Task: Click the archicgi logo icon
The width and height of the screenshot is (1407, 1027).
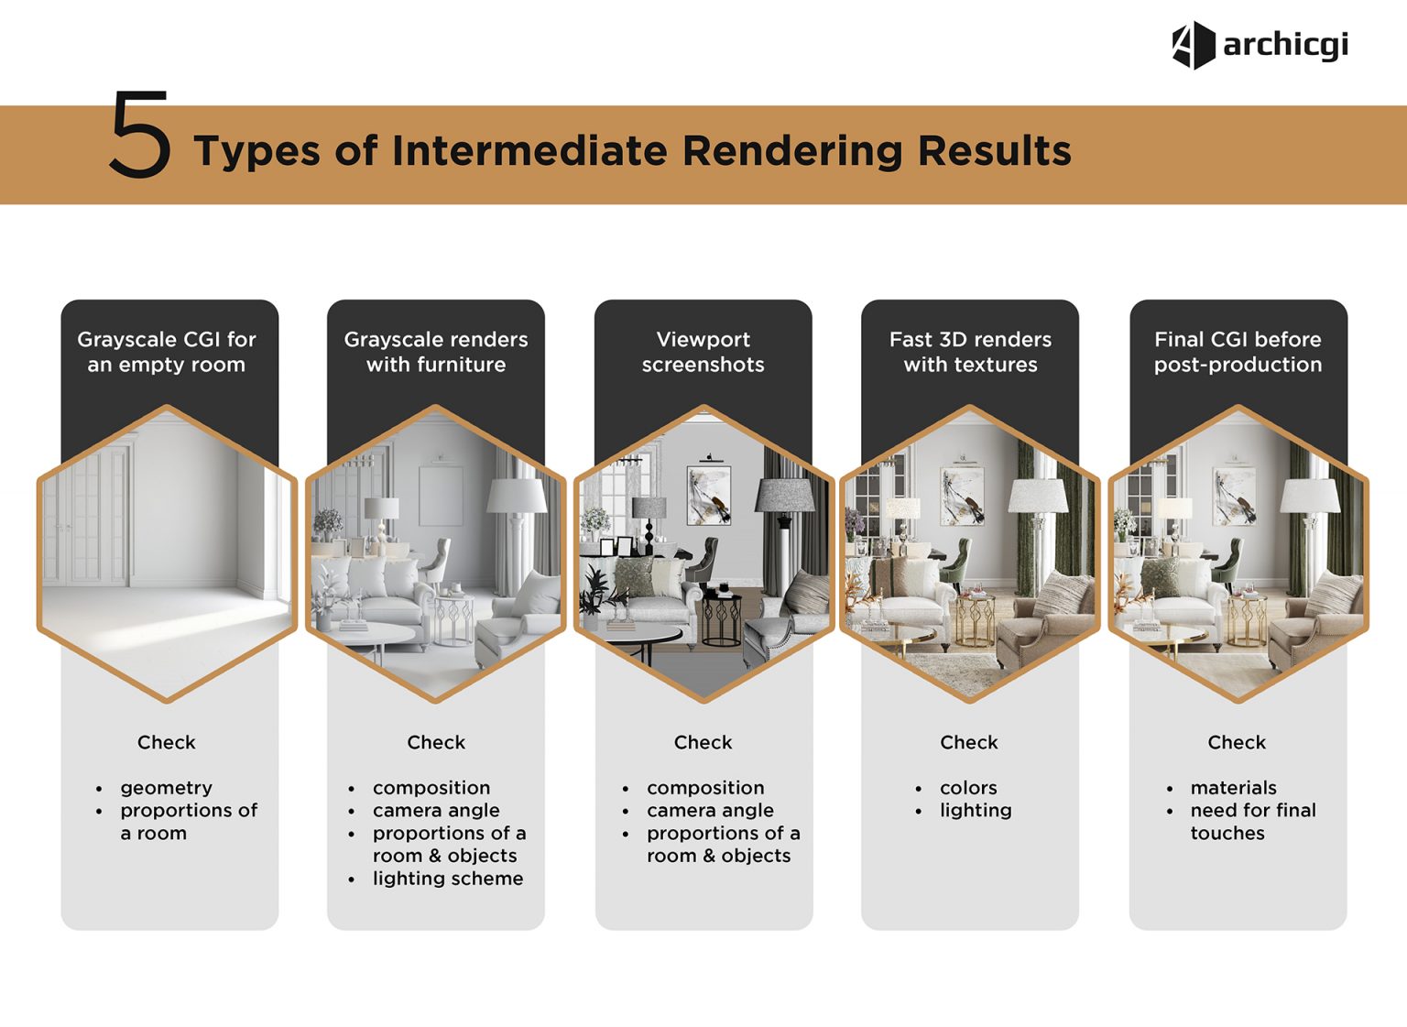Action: pyautogui.click(x=1193, y=45)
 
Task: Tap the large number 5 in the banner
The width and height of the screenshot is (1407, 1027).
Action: pyautogui.click(x=139, y=136)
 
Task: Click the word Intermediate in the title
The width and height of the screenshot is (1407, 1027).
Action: pyautogui.click(x=529, y=151)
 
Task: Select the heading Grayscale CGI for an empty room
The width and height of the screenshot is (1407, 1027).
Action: pyautogui.click(x=167, y=352)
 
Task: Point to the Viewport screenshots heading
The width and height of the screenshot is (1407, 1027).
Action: pyautogui.click(x=703, y=352)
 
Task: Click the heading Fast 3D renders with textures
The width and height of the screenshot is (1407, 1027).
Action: pyautogui.click(x=970, y=352)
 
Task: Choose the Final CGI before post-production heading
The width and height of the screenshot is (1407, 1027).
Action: pyautogui.click(x=1238, y=352)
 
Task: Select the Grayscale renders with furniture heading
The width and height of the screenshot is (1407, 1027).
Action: pyautogui.click(x=436, y=352)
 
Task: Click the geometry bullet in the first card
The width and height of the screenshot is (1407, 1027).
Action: pyautogui.click(x=166, y=788)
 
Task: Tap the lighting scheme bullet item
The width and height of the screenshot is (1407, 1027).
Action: pyautogui.click(x=447, y=879)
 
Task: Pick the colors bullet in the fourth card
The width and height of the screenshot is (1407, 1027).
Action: pyautogui.click(x=968, y=788)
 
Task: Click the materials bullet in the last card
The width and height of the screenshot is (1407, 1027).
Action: pyautogui.click(x=1233, y=788)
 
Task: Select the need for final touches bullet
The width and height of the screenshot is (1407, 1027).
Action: pyautogui.click(x=1252, y=822)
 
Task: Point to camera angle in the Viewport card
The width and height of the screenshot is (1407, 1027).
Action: pyautogui.click(x=710, y=811)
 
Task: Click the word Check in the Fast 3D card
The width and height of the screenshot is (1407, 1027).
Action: pyautogui.click(x=968, y=743)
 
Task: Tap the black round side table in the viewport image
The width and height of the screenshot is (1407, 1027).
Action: pyautogui.click(x=721, y=620)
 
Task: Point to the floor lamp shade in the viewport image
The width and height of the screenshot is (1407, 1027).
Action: pyautogui.click(x=785, y=497)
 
